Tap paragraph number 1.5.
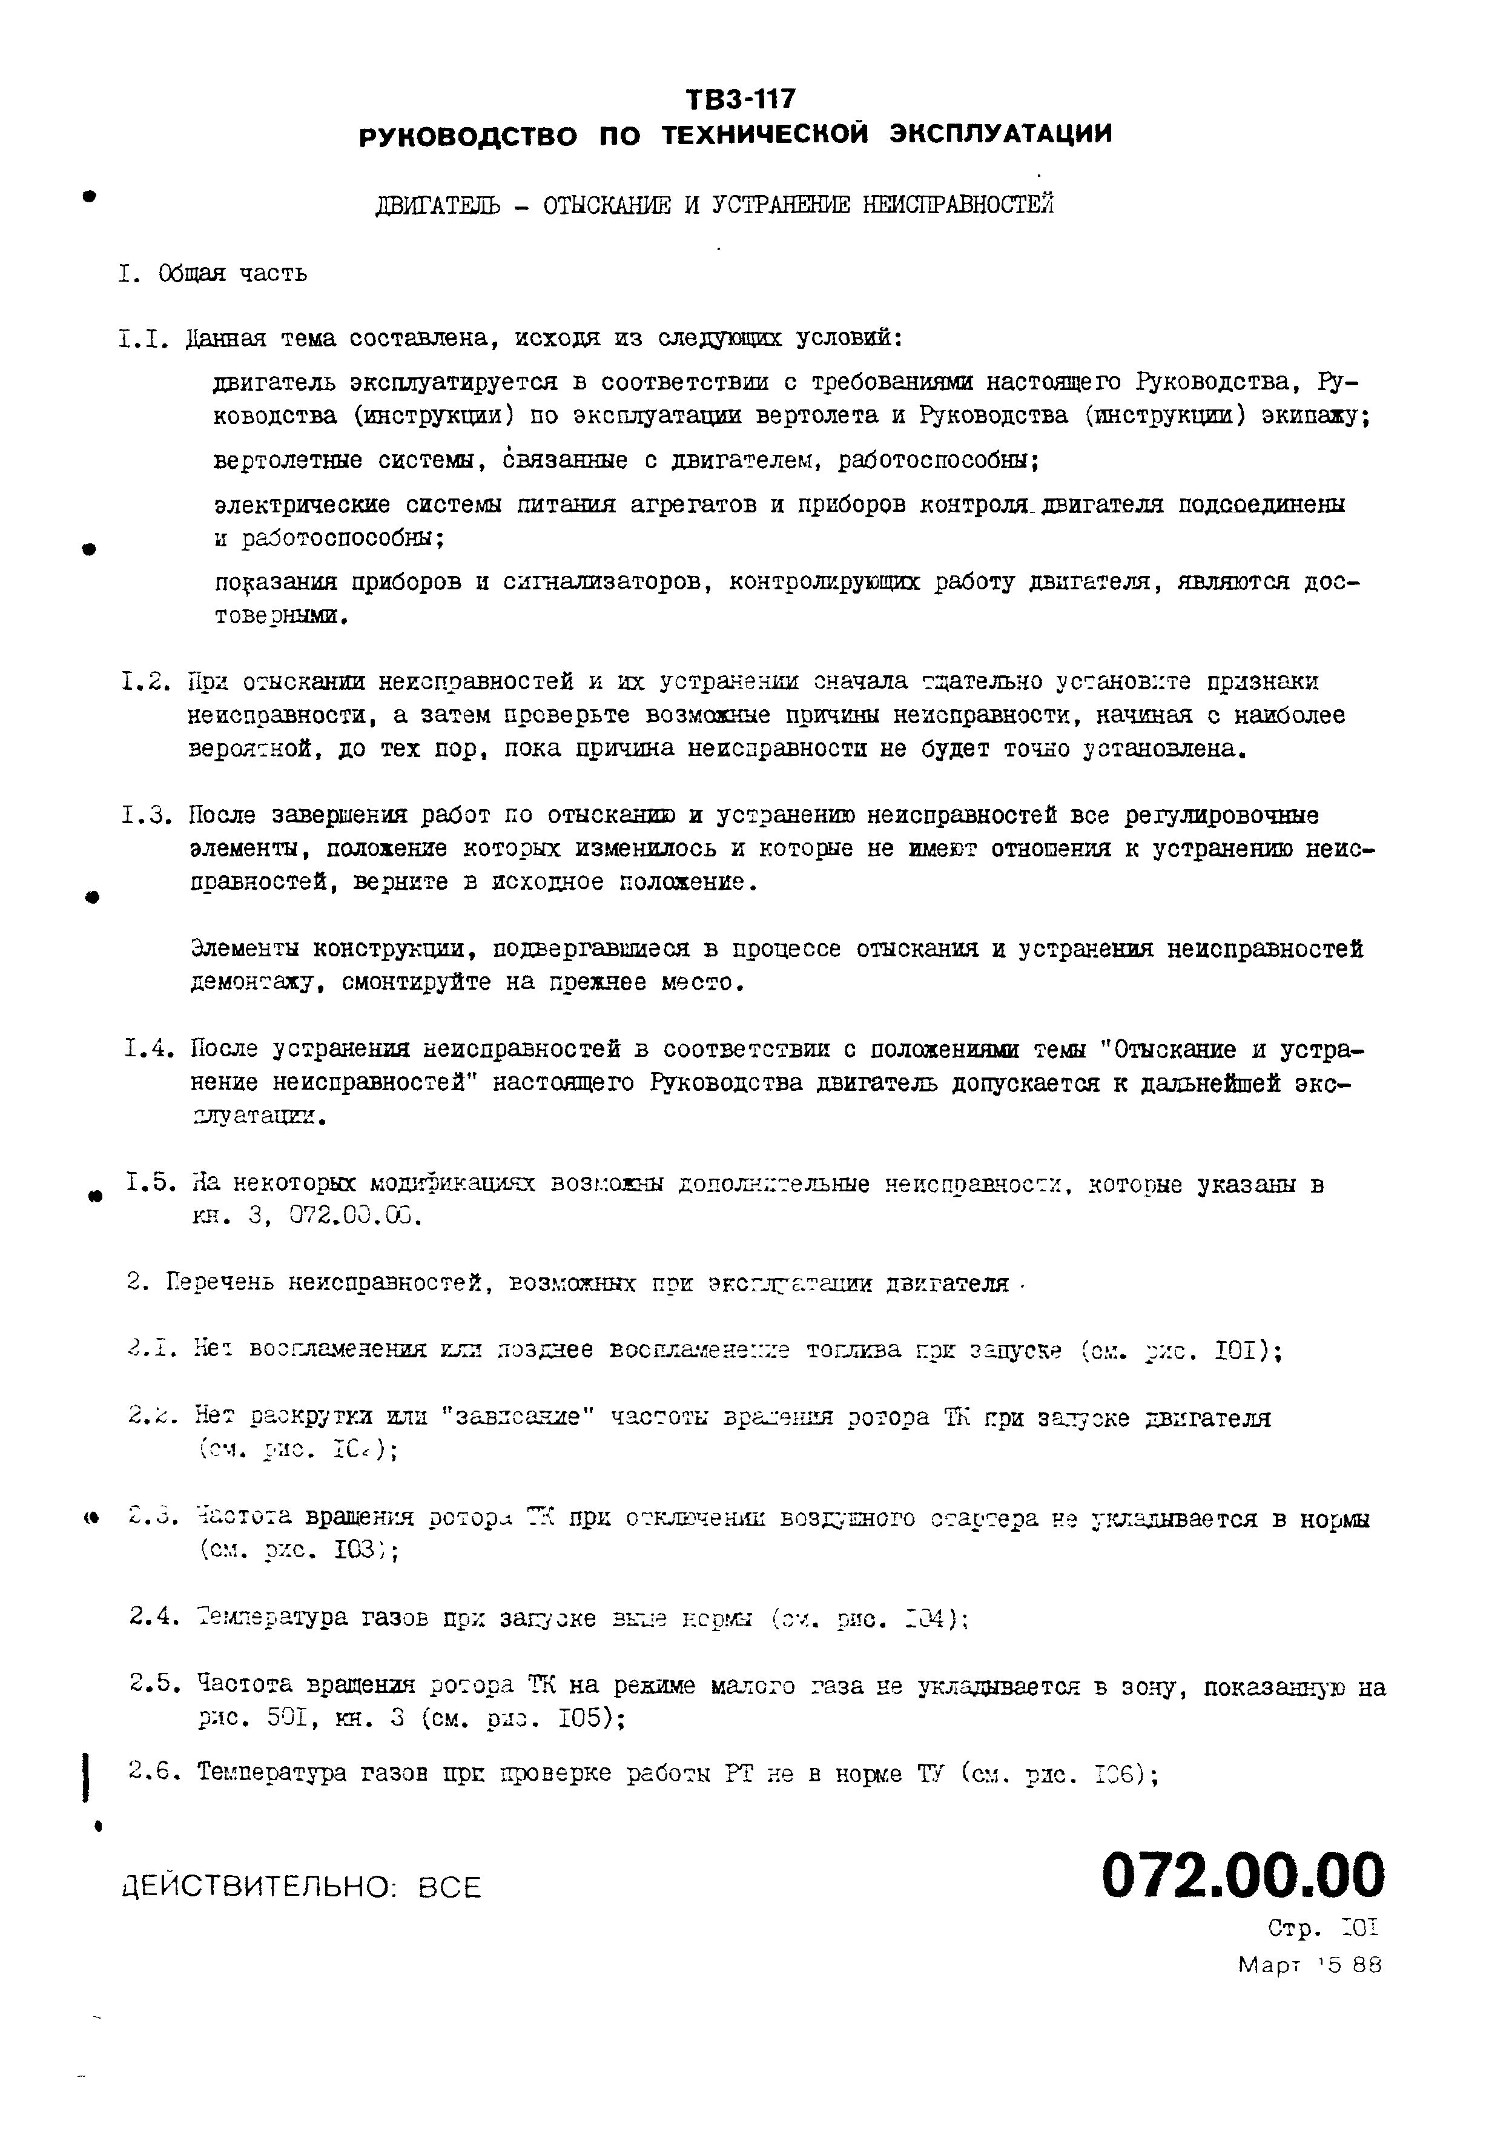point(151,1183)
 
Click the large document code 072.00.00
point(1242,1876)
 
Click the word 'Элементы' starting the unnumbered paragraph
point(245,950)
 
